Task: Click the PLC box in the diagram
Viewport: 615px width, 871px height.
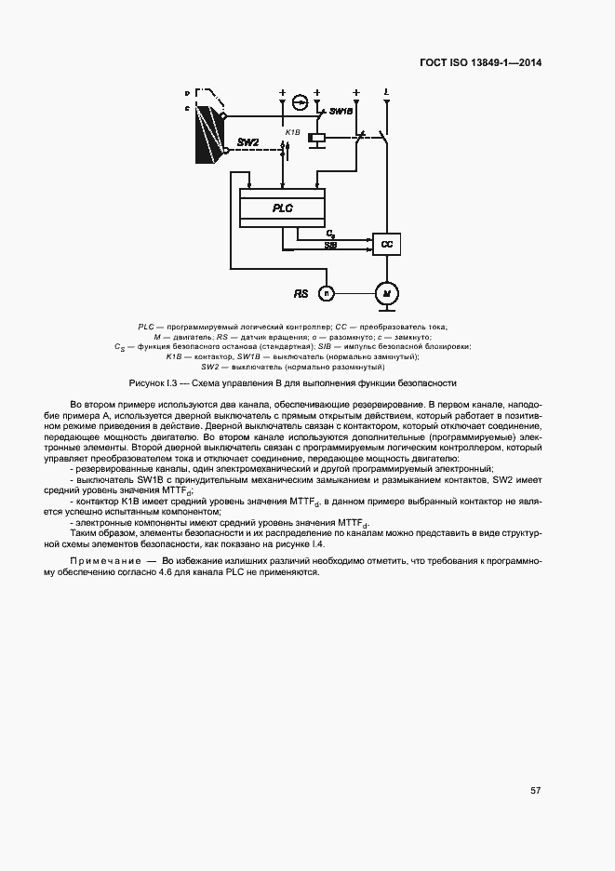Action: pyautogui.click(x=282, y=208)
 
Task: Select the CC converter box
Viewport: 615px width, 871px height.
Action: pyautogui.click(x=385, y=244)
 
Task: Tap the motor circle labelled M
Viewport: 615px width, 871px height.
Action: pyautogui.click(x=385, y=293)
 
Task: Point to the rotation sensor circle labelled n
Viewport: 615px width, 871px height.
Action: pyautogui.click(x=327, y=293)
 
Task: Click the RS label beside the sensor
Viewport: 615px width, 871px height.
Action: pyautogui.click(x=301, y=293)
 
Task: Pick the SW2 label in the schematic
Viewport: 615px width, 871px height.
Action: pyautogui.click(x=248, y=142)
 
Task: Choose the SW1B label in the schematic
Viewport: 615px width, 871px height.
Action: pyautogui.click(x=341, y=111)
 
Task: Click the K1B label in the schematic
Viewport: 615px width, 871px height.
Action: pyautogui.click(x=292, y=132)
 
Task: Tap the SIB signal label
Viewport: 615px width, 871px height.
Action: pyautogui.click(x=330, y=244)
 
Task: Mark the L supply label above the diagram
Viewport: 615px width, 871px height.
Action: pyautogui.click(x=386, y=91)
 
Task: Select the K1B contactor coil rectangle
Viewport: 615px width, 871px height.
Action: pyautogui.click(x=317, y=138)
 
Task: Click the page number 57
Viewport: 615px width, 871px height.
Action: pyautogui.click(x=535, y=790)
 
